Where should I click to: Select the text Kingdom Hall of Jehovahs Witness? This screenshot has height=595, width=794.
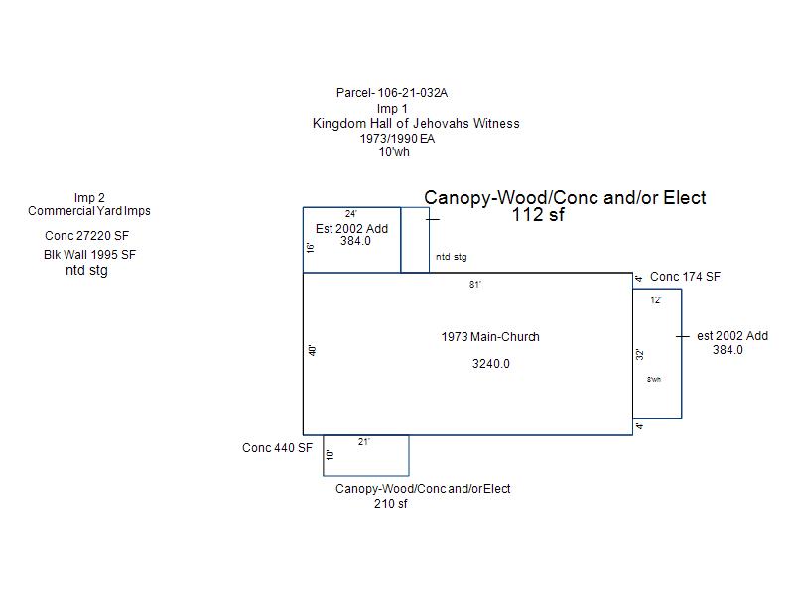point(416,124)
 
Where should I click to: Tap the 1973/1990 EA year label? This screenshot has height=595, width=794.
point(397,139)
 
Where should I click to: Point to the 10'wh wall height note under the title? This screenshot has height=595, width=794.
point(394,153)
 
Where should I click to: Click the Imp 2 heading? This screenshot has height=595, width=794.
point(89,198)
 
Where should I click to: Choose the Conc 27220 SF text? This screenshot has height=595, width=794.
point(87,236)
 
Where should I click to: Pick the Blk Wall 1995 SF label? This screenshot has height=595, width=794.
point(89,255)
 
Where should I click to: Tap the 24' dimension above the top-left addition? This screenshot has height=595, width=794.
point(351,214)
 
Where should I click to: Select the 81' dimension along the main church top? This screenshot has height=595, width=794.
point(475,285)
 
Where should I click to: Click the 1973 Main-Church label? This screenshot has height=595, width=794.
point(490,337)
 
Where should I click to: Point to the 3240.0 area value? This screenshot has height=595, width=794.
point(490,364)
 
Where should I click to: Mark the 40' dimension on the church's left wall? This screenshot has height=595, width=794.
point(312,351)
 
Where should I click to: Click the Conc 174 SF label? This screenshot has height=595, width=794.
point(685,277)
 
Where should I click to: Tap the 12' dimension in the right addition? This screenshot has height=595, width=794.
point(656,300)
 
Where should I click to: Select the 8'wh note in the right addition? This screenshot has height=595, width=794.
point(654,380)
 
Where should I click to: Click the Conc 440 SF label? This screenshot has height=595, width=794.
point(277,448)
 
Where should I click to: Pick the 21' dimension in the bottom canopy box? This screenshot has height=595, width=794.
point(364,443)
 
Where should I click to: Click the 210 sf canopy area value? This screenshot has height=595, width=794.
point(391,504)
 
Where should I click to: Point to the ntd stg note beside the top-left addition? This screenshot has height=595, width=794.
point(451,258)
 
